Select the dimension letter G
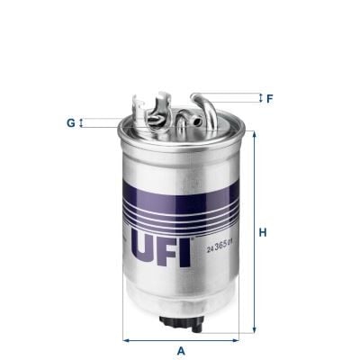point(70,122)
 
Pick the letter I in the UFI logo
point(184,247)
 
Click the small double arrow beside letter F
point(259,96)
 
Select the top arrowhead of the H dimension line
point(253,136)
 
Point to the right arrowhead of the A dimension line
point(241,340)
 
